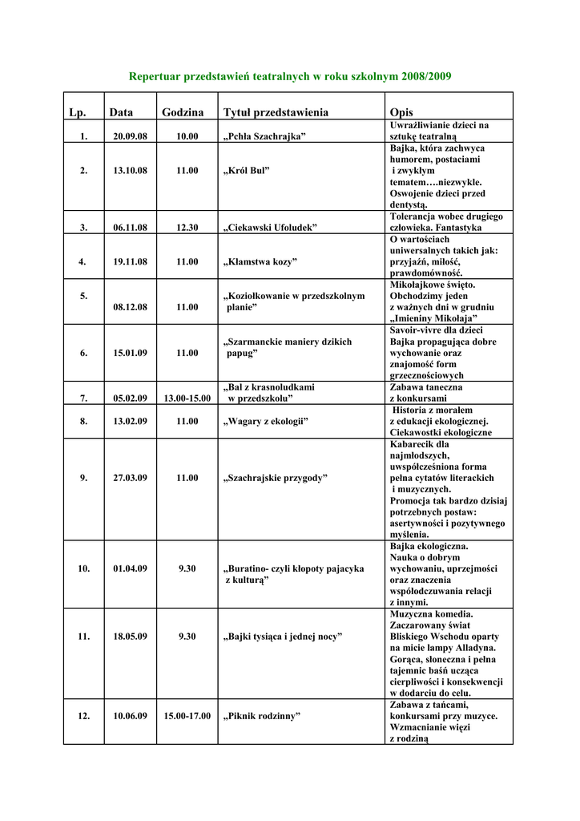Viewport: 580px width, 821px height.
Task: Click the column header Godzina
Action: tap(183, 112)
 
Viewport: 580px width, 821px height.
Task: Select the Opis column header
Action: tap(401, 112)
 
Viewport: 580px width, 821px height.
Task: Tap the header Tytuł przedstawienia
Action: tap(276, 112)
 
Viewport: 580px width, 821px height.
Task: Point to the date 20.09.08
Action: tap(130, 137)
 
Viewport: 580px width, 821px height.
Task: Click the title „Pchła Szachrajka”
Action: tap(264, 137)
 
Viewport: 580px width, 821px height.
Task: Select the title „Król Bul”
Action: tap(245, 171)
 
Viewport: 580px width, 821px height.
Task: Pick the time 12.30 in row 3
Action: tap(187, 228)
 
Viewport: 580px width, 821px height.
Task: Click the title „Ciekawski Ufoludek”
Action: tap(269, 228)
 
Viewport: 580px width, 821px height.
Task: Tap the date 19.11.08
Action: tap(130, 261)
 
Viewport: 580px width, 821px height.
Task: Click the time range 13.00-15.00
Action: tap(187, 398)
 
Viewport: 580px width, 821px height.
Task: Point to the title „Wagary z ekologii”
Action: tap(265, 421)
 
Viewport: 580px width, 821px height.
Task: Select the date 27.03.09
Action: tap(130, 478)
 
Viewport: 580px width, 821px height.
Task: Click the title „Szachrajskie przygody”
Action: tap(275, 478)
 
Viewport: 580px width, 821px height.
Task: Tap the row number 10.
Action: tap(83, 568)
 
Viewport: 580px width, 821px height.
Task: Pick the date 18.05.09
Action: tap(130, 637)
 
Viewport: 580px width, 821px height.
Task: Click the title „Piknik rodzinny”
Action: tap(261, 716)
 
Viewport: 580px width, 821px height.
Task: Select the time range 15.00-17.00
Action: tap(187, 716)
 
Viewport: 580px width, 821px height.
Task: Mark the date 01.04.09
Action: tap(130, 568)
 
